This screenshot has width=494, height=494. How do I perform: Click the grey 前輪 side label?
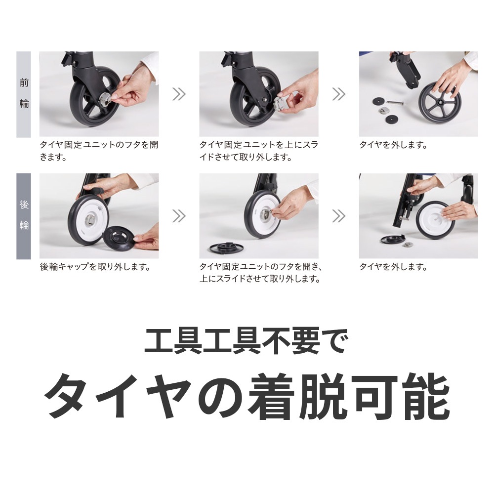24,94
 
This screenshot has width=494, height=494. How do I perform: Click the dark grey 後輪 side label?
24,215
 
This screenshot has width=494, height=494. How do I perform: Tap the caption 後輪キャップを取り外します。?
95,267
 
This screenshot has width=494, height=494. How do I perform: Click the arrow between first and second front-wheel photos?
178,94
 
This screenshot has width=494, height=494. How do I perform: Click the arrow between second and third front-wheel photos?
338,94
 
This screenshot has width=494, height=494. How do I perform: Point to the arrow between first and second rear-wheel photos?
178,215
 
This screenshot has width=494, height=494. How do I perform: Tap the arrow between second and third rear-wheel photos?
338,215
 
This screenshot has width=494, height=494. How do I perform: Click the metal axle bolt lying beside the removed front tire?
395,103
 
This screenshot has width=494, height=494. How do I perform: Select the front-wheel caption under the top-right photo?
393,145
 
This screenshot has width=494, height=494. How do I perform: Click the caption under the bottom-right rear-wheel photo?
393,267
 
